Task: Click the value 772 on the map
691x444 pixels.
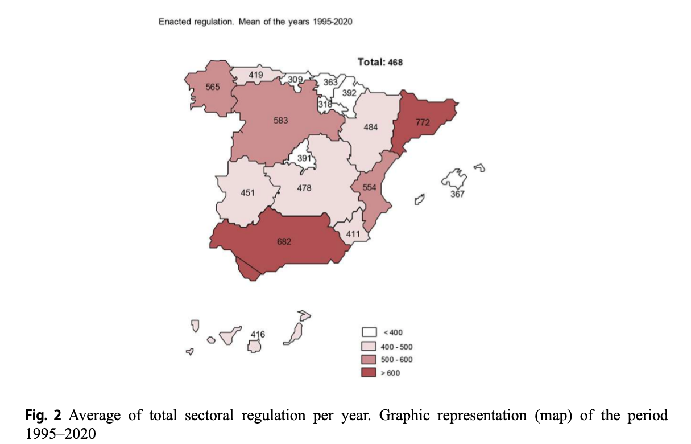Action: [422, 122]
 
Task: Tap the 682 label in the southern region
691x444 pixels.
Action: [284, 242]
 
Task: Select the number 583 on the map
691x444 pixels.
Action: [281, 121]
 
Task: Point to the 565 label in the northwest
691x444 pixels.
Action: [213, 87]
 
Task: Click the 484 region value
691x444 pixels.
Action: [371, 126]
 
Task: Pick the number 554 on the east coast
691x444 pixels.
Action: [370, 187]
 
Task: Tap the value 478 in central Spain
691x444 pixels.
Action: [304, 188]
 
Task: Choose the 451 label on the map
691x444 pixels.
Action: [247, 192]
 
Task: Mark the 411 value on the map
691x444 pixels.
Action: [353, 233]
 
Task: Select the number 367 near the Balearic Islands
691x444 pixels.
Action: [457, 194]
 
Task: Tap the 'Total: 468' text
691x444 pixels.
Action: [379, 61]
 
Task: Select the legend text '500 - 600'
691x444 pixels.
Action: [396, 359]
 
